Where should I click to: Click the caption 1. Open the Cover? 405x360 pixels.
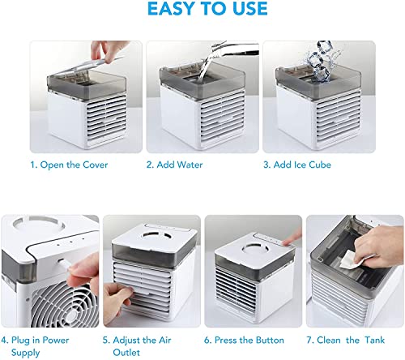point(69,164)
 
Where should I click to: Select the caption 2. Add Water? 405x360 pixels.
point(174,164)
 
